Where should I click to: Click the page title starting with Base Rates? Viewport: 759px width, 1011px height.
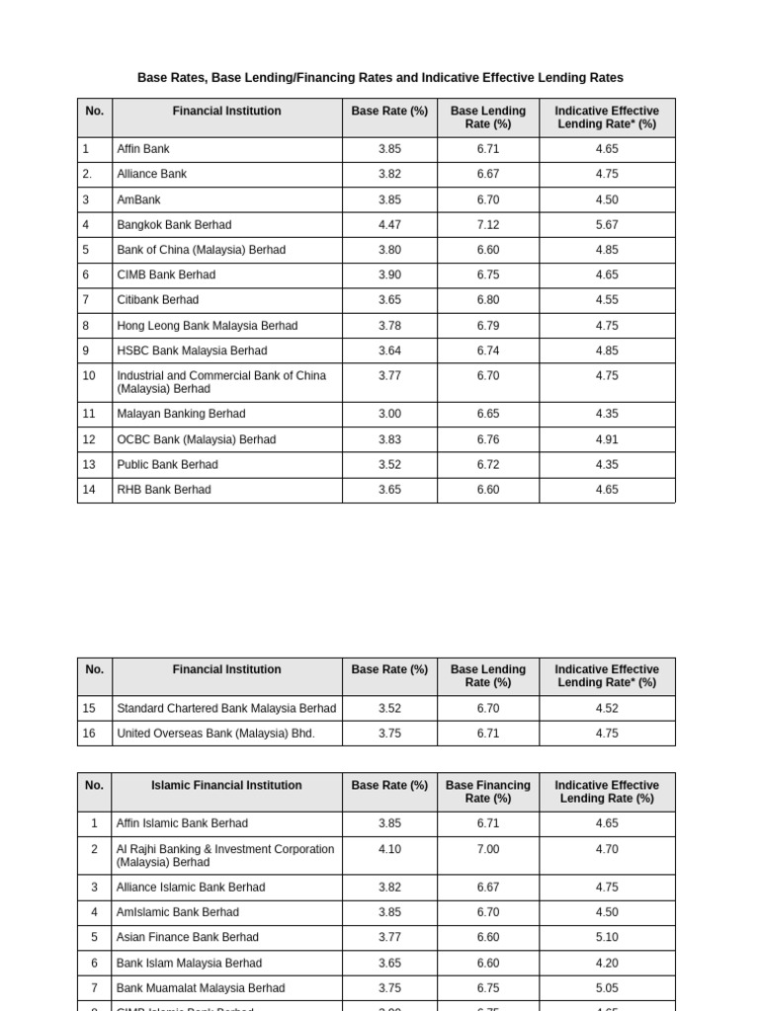coord(379,78)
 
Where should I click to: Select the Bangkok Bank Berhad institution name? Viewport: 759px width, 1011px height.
coord(174,225)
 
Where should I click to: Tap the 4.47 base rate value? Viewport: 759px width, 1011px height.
coord(389,225)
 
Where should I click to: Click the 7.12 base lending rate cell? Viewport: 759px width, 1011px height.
coord(487,225)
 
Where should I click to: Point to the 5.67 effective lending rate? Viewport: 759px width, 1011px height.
coord(607,225)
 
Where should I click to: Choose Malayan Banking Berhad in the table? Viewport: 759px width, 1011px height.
coord(181,415)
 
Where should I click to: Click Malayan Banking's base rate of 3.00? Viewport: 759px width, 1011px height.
coord(389,415)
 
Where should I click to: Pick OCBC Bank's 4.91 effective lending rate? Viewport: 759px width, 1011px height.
coord(607,439)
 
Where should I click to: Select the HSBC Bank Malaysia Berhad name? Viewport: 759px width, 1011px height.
coord(192,350)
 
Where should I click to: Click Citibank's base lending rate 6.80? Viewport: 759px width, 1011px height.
coord(487,300)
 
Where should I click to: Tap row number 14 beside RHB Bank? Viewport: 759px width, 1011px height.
coord(89,490)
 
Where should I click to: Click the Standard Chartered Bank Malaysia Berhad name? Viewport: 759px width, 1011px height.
coord(226,709)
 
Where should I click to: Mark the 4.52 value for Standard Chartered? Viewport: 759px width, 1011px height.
coord(607,709)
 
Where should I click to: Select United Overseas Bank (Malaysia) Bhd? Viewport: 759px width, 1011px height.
coord(215,734)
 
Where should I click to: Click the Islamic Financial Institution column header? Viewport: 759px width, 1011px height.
coord(226,786)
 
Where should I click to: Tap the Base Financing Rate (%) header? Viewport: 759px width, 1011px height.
coord(487,792)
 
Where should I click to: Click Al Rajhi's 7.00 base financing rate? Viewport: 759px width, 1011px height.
coord(487,849)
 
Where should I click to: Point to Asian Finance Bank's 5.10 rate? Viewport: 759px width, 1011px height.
coord(607,938)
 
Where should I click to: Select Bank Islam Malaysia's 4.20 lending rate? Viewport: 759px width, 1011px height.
coord(607,964)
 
